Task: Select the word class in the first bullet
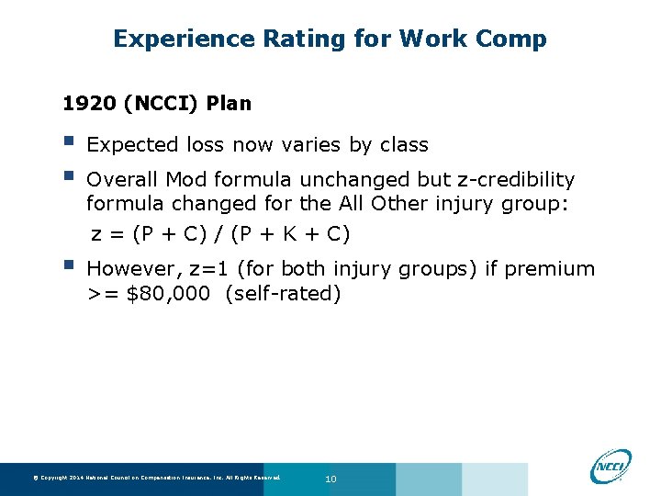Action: [x=403, y=144]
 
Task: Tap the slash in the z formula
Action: [x=221, y=234]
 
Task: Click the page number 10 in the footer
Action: [x=331, y=479]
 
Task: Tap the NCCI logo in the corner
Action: [x=611, y=465]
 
